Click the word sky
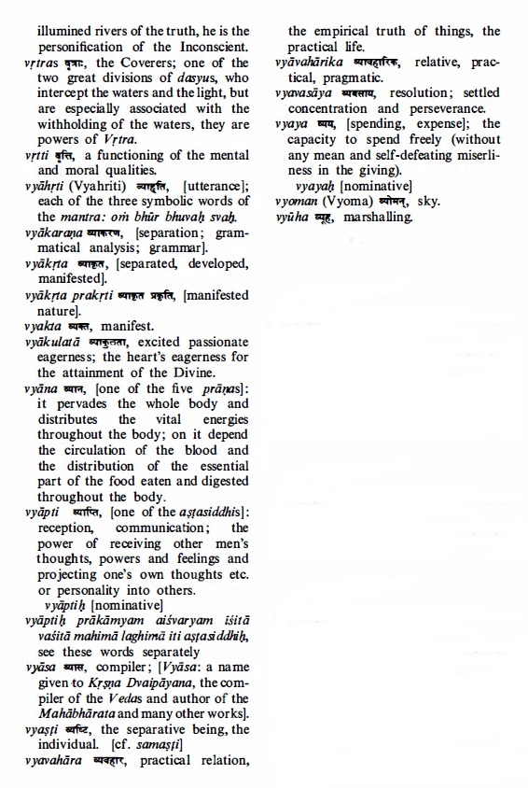(428, 201)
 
